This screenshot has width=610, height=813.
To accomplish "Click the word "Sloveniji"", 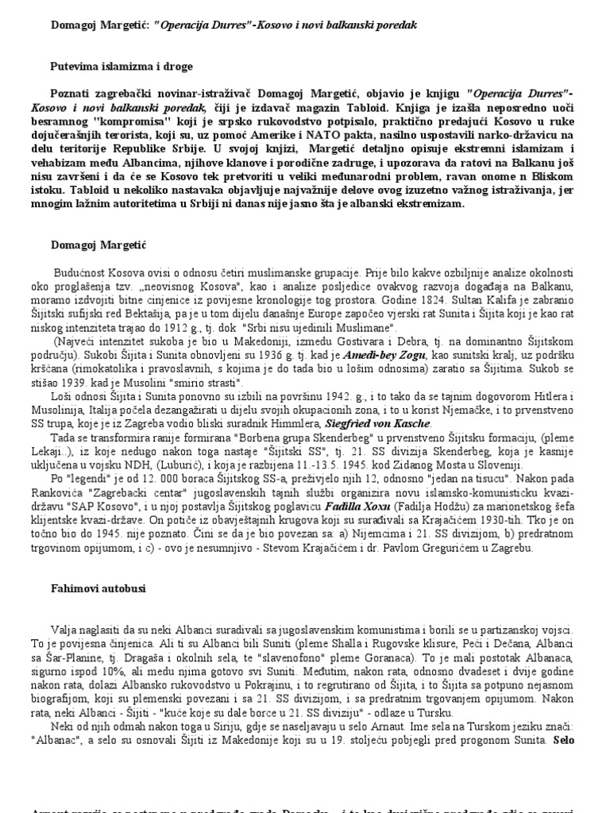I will coord(496,464).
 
